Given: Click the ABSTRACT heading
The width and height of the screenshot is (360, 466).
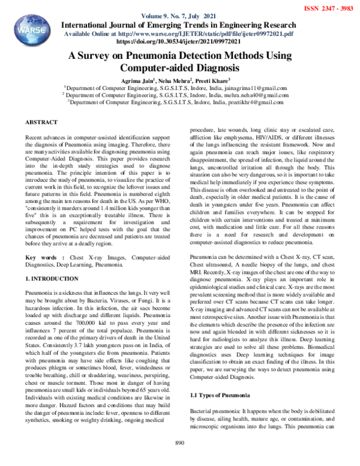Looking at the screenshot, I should pos(41,122).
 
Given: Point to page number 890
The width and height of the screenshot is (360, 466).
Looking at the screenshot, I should pos(179,459).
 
